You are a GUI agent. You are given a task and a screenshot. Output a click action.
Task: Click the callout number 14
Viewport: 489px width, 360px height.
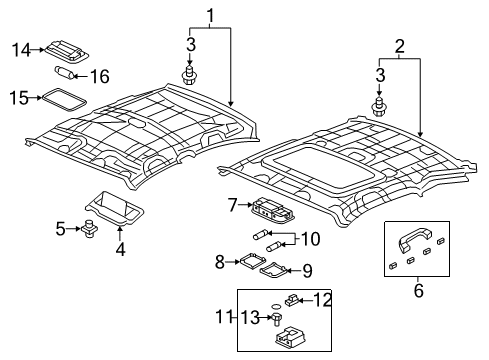pos(21,50)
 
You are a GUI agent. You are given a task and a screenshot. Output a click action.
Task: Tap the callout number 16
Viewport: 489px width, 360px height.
pos(100,76)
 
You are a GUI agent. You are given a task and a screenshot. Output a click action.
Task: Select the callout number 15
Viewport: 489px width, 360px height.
pos(19,98)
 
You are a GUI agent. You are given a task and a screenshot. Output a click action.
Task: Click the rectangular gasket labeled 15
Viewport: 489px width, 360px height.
pos(63,99)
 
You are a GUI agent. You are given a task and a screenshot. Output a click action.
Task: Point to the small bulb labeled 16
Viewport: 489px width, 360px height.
pos(64,73)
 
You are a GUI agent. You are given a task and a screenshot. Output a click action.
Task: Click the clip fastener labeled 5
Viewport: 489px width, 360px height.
pos(89,229)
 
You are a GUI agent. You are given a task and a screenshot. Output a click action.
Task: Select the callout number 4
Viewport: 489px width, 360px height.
pos(120,249)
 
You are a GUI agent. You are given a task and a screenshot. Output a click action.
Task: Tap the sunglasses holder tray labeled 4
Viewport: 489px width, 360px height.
pos(114,208)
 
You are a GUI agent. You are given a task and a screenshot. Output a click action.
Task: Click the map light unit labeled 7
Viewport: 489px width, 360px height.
pos(272,209)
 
